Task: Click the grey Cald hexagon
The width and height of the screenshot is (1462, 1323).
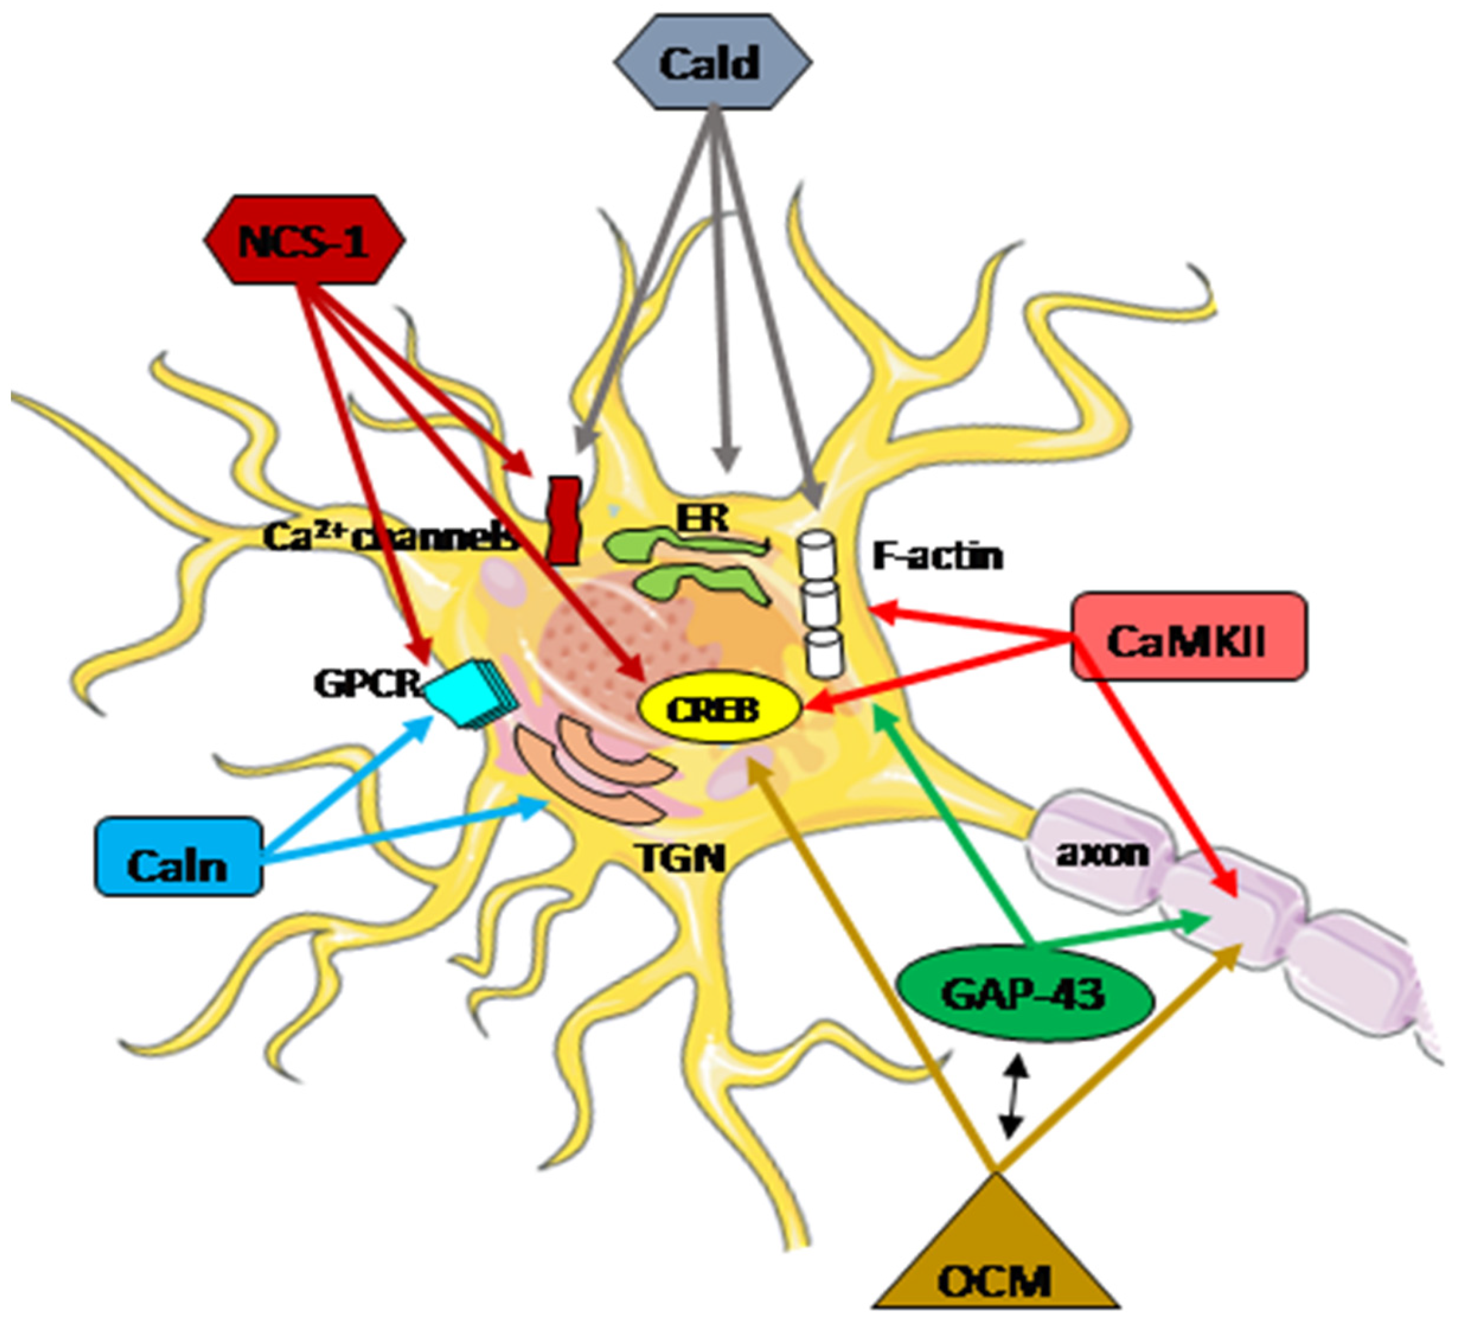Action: (x=712, y=63)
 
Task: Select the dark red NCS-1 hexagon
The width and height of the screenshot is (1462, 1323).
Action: (x=304, y=241)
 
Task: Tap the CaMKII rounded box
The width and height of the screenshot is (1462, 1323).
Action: (x=1189, y=637)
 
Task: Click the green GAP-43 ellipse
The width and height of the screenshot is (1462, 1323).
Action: (x=1024, y=993)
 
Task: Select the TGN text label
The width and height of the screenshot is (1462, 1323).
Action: (x=682, y=859)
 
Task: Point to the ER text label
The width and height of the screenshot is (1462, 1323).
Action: (x=702, y=518)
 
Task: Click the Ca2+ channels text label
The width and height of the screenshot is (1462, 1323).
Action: (x=392, y=537)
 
